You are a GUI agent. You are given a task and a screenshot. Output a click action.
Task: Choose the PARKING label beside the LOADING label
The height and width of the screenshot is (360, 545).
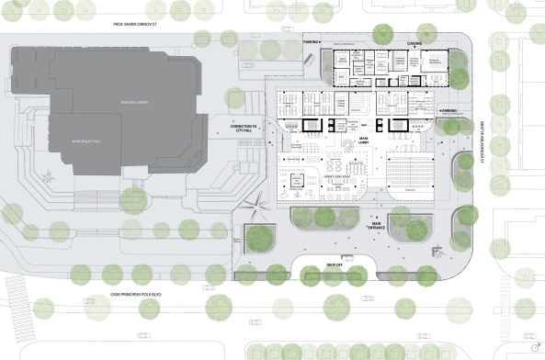312,42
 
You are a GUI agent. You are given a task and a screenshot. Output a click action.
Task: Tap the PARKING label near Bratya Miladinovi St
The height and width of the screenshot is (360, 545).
448,110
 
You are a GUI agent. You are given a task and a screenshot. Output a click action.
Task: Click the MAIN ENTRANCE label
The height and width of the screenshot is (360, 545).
376,225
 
